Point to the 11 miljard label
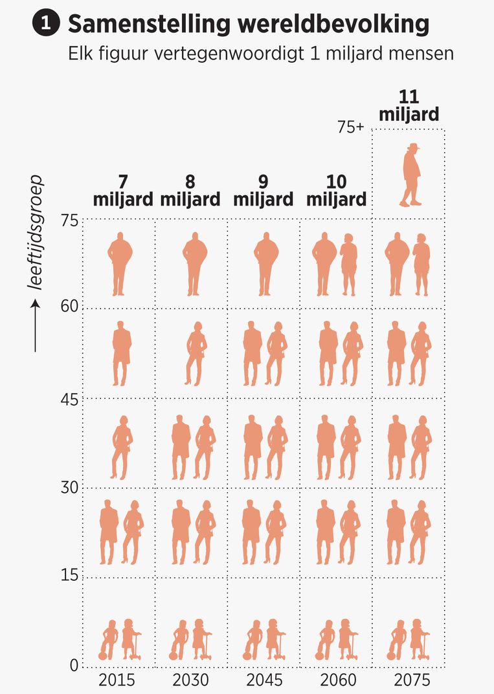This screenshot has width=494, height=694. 409,106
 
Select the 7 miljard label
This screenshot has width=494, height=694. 123,190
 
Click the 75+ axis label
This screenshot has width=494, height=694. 352,127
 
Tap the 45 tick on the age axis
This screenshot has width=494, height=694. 69,399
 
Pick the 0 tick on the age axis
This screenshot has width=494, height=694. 73,665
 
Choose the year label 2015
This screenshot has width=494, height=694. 117,680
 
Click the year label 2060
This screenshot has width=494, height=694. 337,680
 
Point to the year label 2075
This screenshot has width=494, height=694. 410,680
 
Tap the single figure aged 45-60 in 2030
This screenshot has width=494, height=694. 196,353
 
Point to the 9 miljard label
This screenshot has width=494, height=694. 264,190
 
